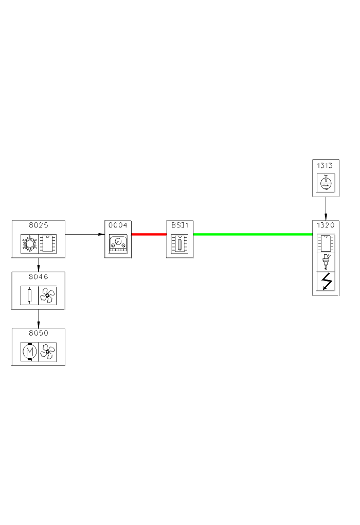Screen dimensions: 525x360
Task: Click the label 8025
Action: [x=39, y=225]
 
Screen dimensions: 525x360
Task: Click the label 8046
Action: [x=39, y=276]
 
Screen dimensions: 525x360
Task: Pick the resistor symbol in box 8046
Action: [x=29, y=295]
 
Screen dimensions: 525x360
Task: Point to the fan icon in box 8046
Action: [x=47, y=295]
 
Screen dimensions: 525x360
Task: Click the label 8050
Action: [x=39, y=333]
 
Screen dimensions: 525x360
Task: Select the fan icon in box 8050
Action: [x=47, y=352]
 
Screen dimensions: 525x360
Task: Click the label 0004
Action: [x=118, y=225]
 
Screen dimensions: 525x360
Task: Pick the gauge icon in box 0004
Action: [x=118, y=243]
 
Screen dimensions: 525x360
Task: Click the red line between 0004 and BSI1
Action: [x=149, y=234]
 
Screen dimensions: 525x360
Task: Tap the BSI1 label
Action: [x=180, y=225]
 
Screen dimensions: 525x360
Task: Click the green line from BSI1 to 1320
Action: [x=252, y=234]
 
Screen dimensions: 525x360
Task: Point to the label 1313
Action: [x=326, y=165]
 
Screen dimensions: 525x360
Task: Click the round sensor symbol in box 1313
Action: [x=326, y=183]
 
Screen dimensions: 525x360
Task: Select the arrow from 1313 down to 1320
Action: [x=326, y=208]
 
